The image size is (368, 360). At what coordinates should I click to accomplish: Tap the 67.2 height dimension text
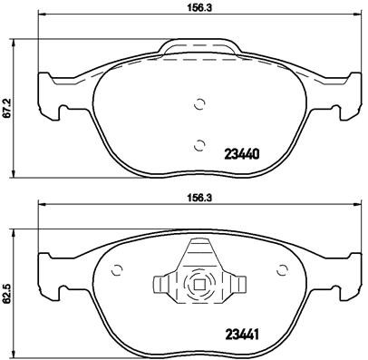[8, 110]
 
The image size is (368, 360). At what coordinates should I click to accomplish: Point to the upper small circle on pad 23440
[199, 102]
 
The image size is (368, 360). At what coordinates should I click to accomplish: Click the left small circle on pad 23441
[116, 268]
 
